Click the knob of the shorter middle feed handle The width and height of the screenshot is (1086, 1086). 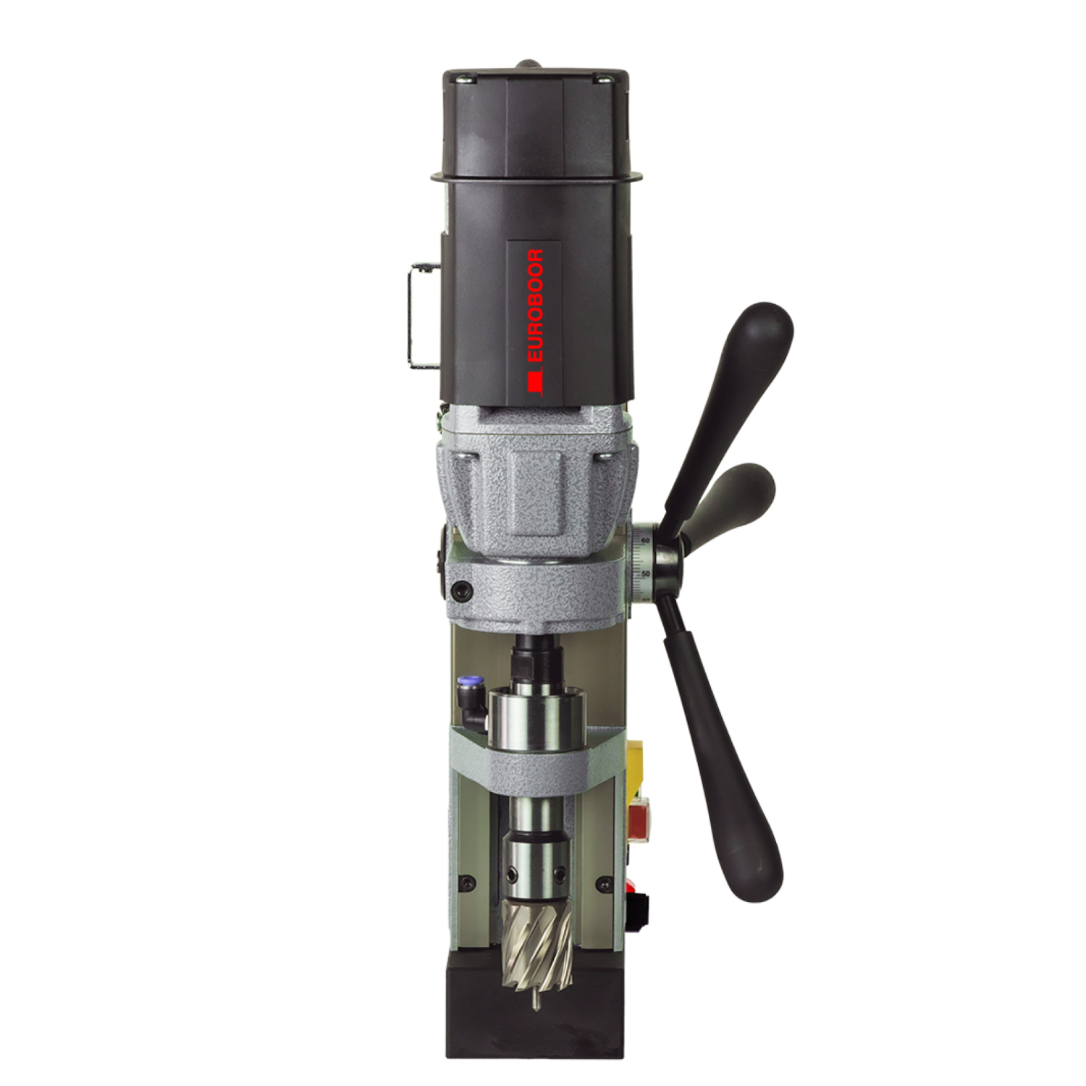click(746, 484)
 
